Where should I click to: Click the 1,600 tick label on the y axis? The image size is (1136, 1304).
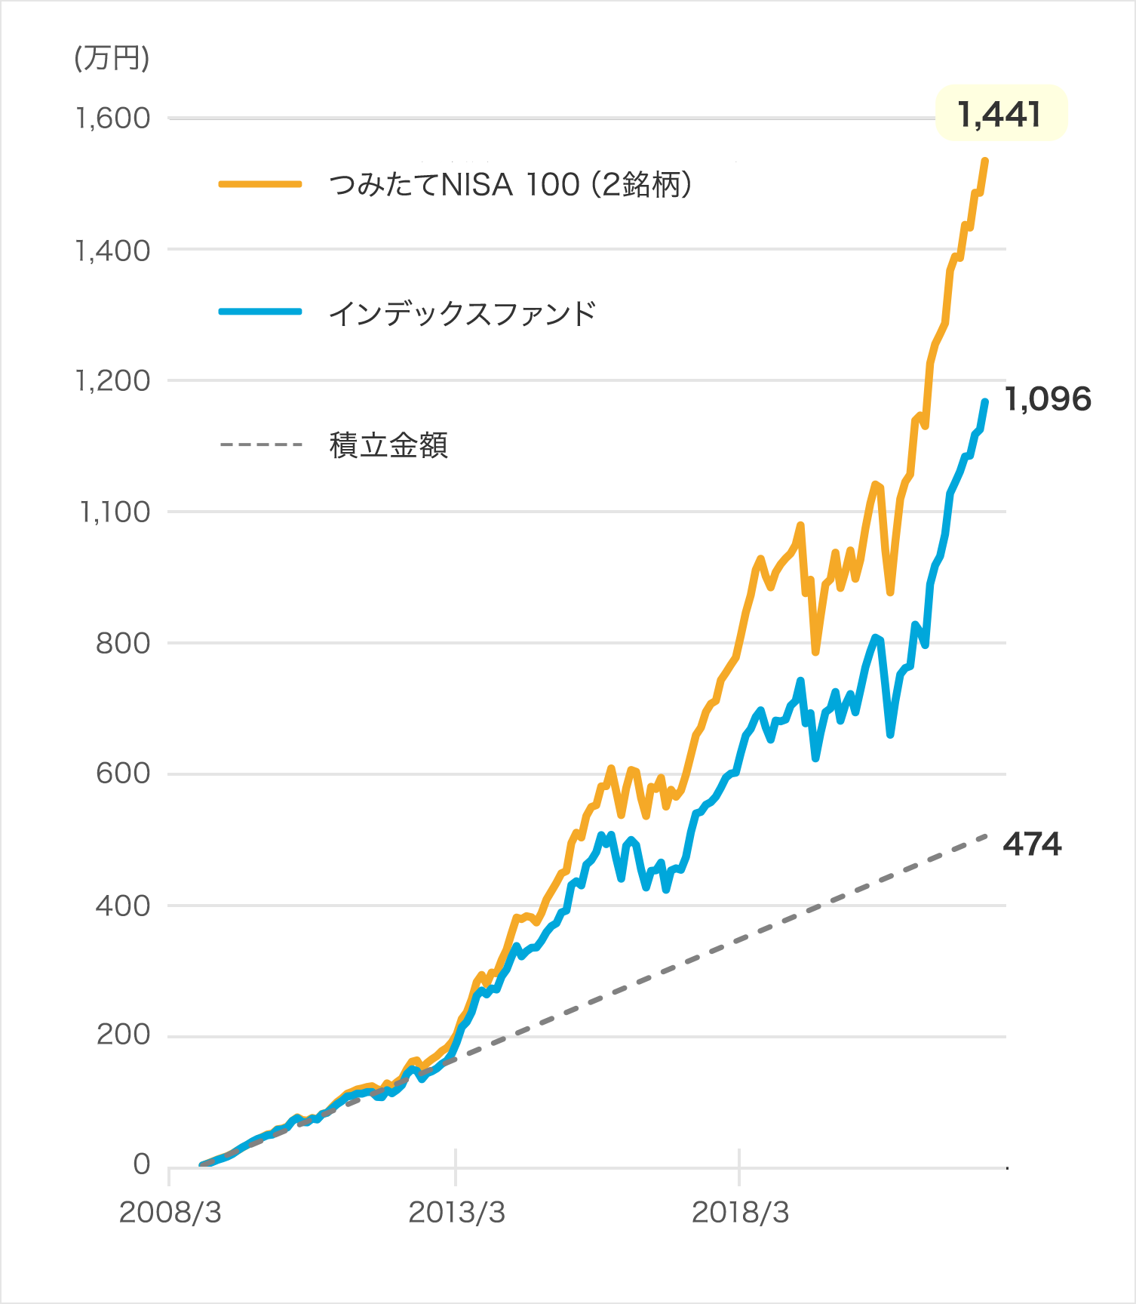114,118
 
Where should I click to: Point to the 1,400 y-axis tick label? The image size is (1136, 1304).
114,251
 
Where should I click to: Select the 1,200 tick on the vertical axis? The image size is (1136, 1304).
114,381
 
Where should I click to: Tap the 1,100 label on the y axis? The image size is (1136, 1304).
115,512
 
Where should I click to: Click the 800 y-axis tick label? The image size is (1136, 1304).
123,644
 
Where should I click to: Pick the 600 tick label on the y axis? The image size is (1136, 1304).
123,774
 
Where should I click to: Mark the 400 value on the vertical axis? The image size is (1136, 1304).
123,906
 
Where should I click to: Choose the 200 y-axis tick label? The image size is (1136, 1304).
123,1035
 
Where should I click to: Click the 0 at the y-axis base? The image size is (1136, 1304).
142,1164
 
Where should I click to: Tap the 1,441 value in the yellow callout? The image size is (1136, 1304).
999,115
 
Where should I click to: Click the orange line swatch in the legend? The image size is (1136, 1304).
275,184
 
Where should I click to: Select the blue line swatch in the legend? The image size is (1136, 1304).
275,312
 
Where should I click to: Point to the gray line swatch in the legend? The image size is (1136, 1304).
275,445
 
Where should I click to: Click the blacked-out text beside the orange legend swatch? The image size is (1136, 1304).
656,184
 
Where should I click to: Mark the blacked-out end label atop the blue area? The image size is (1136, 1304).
1071,400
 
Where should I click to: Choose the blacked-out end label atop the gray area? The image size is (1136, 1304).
1071,844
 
